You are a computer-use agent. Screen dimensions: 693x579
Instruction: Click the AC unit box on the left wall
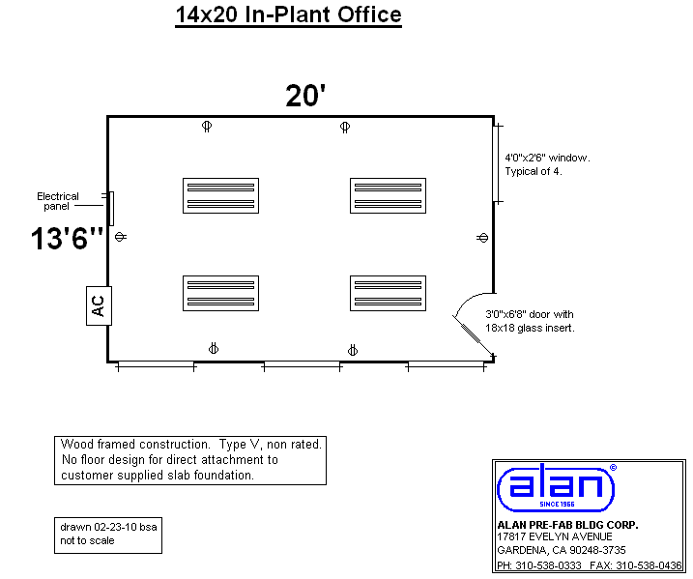99,305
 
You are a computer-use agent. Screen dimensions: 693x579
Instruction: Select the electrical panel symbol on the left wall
111,209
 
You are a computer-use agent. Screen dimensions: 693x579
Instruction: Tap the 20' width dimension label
305,96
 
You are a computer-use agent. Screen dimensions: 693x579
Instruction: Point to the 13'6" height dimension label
68,238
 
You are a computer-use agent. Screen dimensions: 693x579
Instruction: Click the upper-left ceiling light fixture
221,196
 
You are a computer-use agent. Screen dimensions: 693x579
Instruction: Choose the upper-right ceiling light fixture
388,196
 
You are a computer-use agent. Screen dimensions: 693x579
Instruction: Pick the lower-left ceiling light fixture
221,294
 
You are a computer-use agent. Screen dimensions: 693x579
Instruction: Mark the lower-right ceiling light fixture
388,294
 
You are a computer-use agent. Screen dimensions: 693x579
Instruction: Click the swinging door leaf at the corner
473,335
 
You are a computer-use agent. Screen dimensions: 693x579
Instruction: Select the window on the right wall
496,164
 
